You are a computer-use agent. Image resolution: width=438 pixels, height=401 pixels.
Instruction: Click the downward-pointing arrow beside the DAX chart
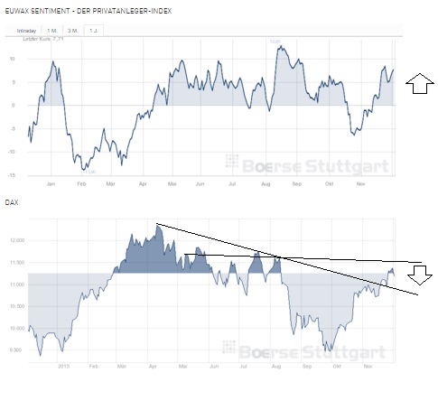pos(424,275)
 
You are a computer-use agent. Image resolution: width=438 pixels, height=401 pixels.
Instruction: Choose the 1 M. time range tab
pos(53,32)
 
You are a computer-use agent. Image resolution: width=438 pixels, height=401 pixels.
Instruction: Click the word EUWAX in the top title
pos(20,8)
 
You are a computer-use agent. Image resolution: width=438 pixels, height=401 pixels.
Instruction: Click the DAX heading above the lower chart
pos(13,205)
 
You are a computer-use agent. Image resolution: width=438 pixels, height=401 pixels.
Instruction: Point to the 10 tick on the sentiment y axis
pos(13,59)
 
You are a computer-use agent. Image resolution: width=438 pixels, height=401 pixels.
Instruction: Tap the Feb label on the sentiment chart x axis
pos(81,182)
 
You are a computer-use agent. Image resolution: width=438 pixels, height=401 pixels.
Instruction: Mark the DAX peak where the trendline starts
pos(157,224)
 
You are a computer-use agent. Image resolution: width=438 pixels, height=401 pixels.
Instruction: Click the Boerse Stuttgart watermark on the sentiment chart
pos(306,163)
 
